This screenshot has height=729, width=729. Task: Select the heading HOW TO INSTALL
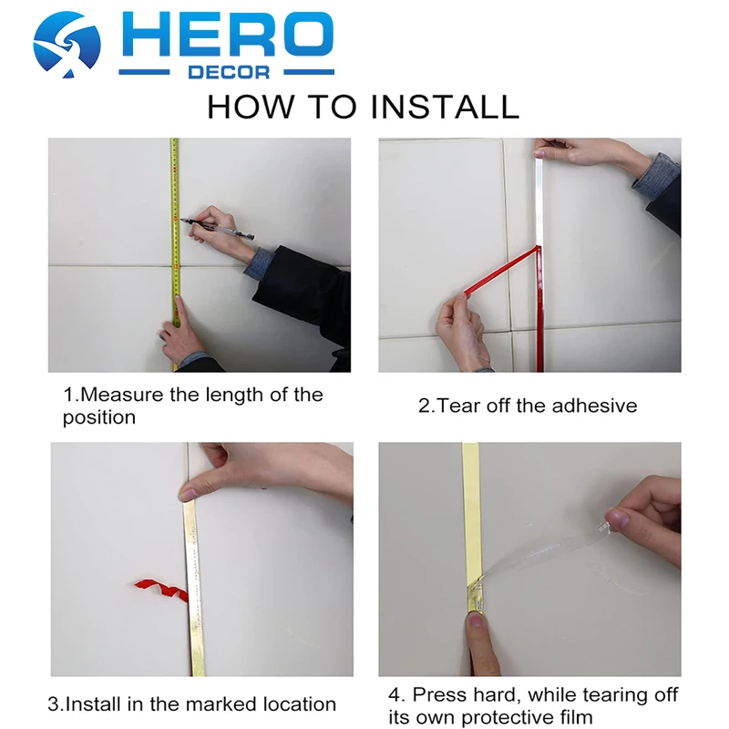(x=363, y=107)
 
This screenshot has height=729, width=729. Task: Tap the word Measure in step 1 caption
(x=118, y=395)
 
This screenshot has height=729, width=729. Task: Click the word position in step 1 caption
(x=98, y=418)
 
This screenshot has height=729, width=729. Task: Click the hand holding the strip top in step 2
(x=592, y=157)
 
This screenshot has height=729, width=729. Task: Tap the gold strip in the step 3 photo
(x=194, y=592)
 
